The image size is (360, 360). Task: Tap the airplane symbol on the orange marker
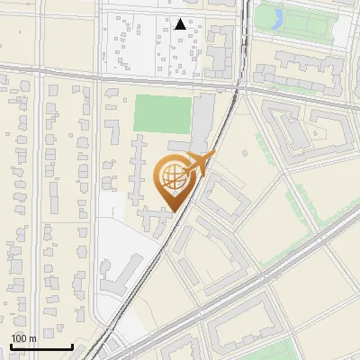tap(201, 163)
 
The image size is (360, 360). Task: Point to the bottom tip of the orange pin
tap(173, 212)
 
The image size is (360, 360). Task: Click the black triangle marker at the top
tap(182, 25)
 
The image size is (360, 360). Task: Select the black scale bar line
tap(41, 347)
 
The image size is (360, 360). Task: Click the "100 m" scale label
tap(24, 338)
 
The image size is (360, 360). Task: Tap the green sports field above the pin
tap(163, 114)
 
